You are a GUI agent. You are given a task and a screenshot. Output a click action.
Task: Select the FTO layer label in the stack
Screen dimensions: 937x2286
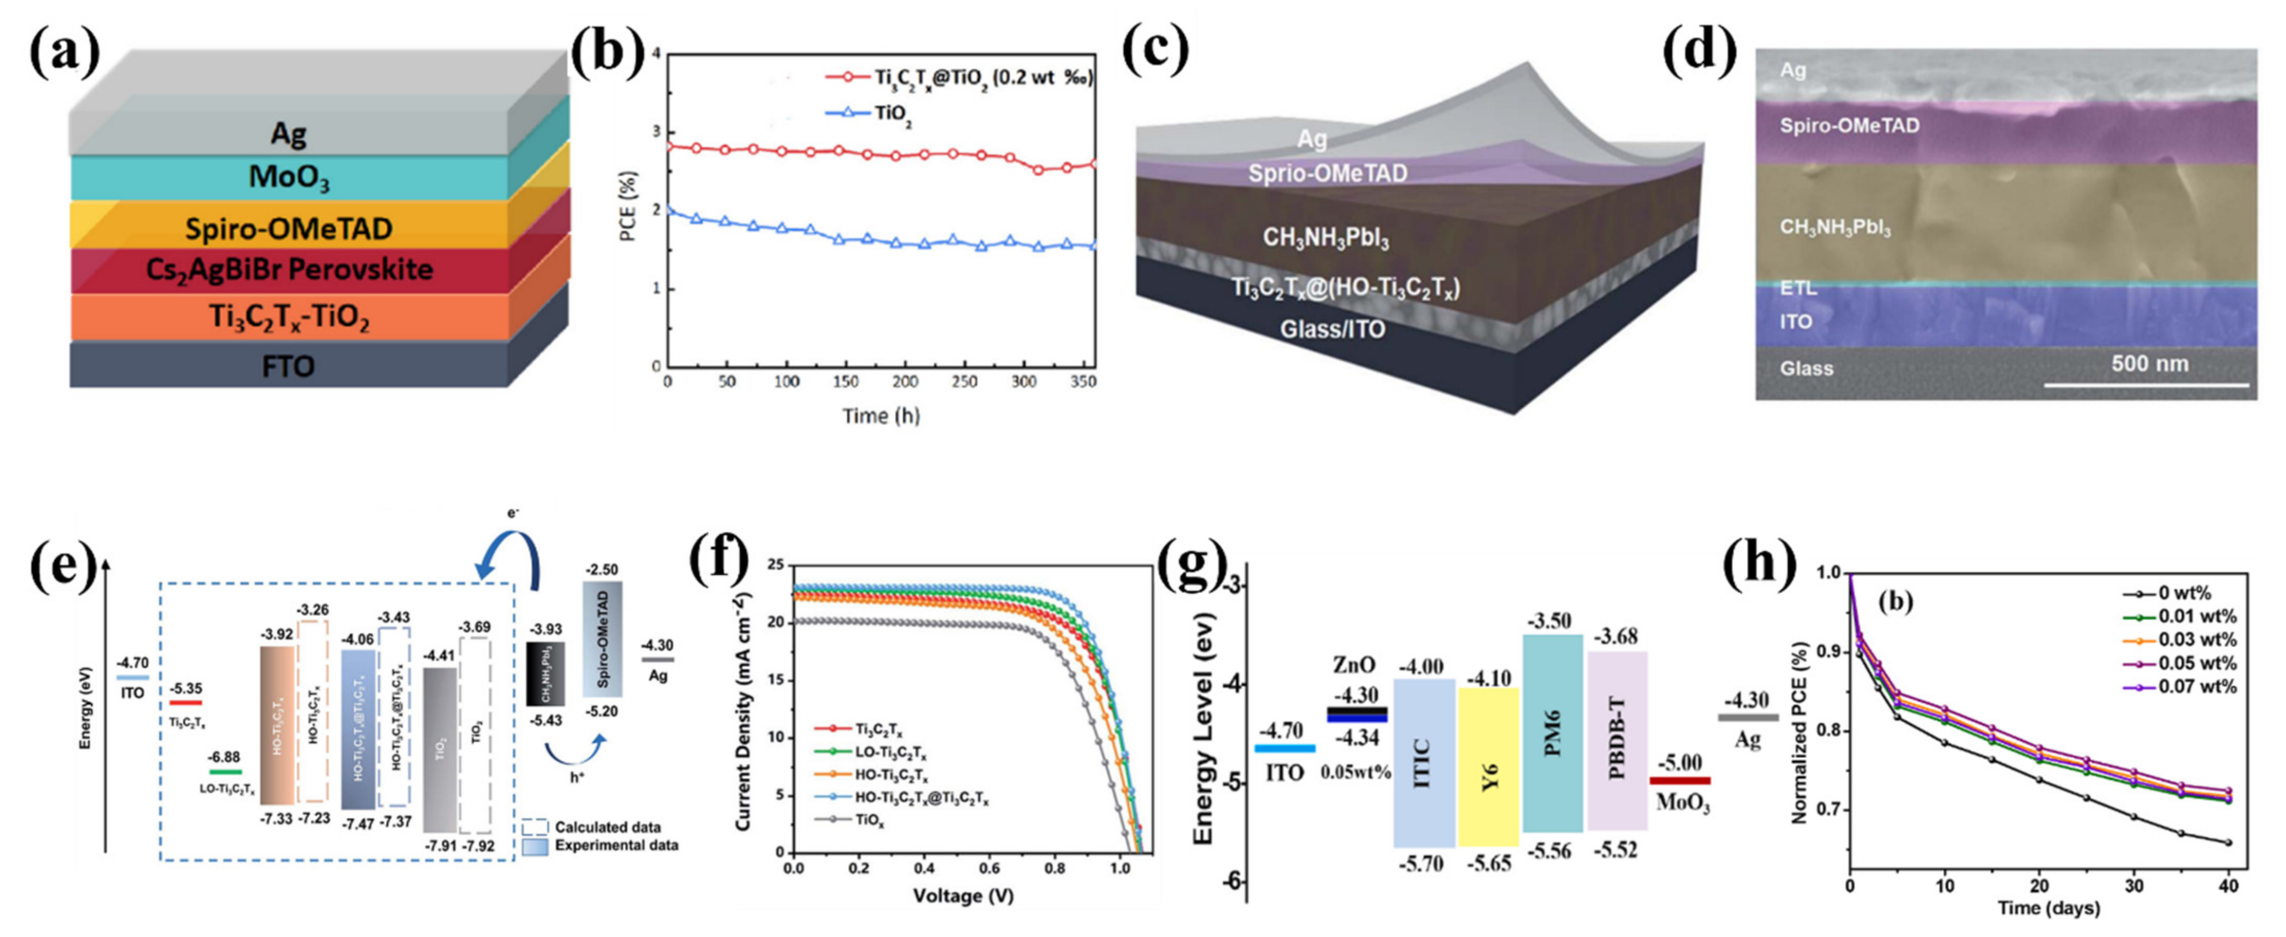click(288, 365)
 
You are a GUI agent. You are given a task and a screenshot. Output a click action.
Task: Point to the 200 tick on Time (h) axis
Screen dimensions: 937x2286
click(905, 381)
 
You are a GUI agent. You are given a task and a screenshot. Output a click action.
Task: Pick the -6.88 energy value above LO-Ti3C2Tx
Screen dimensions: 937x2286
click(224, 757)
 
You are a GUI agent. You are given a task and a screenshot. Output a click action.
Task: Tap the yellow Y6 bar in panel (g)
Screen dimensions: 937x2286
click(1488, 768)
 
